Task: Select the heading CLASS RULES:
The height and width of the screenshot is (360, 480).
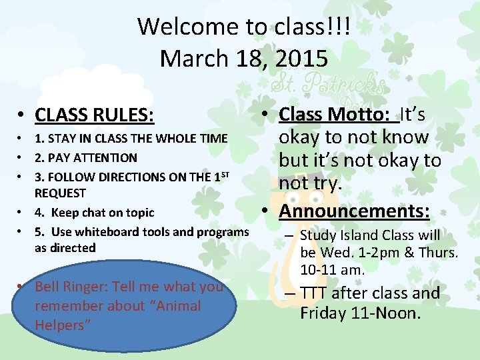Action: click(x=95, y=115)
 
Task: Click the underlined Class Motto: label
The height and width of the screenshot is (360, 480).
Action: click(x=337, y=115)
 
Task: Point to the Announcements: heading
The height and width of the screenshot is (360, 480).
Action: click(x=355, y=211)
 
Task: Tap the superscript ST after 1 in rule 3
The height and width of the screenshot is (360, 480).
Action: click(x=225, y=175)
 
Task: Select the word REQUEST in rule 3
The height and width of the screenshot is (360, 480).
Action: click(x=60, y=193)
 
